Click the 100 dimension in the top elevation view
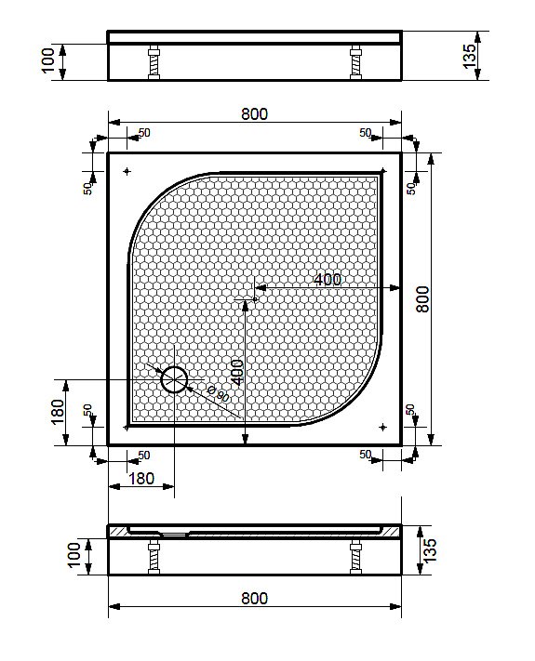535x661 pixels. [x=49, y=61]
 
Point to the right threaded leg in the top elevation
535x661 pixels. [x=355, y=63]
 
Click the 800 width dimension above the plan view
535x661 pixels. [x=254, y=114]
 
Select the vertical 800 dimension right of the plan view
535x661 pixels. [x=422, y=297]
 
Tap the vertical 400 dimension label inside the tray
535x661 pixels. [x=236, y=372]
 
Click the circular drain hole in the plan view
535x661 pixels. [x=174, y=379]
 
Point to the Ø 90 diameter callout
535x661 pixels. [x=217, y=393]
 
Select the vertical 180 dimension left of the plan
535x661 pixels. [x=58, y=411]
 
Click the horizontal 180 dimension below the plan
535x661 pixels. [x=140, y=478]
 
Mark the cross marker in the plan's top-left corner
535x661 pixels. [x=127, y=171]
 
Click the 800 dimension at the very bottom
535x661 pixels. [x=254, y=598]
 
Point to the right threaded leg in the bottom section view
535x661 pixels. [x=355, y=559]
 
